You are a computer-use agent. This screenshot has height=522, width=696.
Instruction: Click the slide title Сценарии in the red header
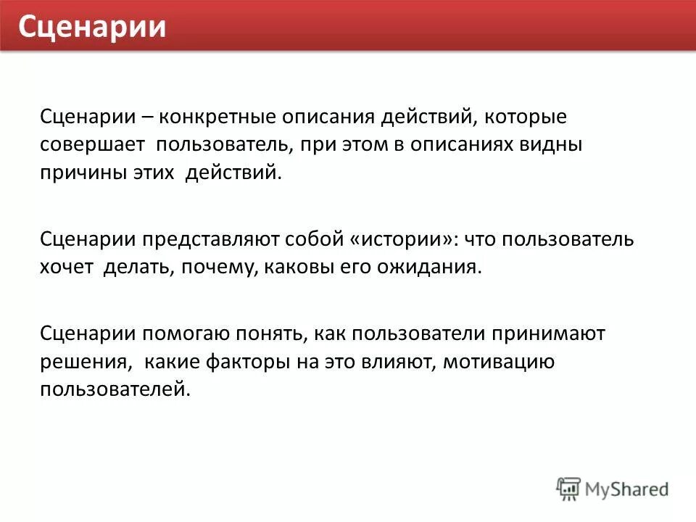[x=92, y=27]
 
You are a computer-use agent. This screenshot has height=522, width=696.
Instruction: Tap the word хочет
[x=67, y=267]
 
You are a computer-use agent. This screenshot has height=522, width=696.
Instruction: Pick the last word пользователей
[x=115, y=389]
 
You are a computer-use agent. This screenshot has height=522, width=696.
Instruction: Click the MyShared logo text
[x=627, y=489]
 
